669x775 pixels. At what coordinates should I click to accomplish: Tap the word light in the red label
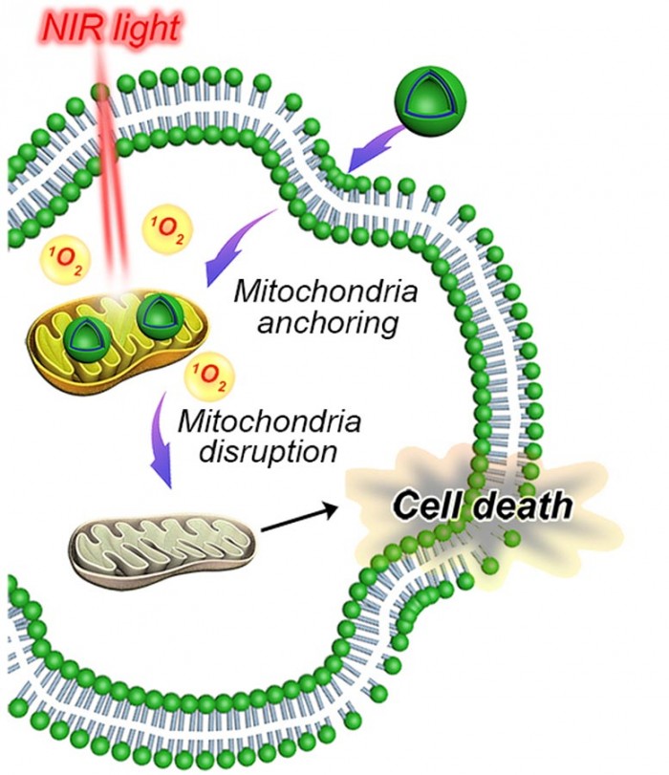click(140, 29)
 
